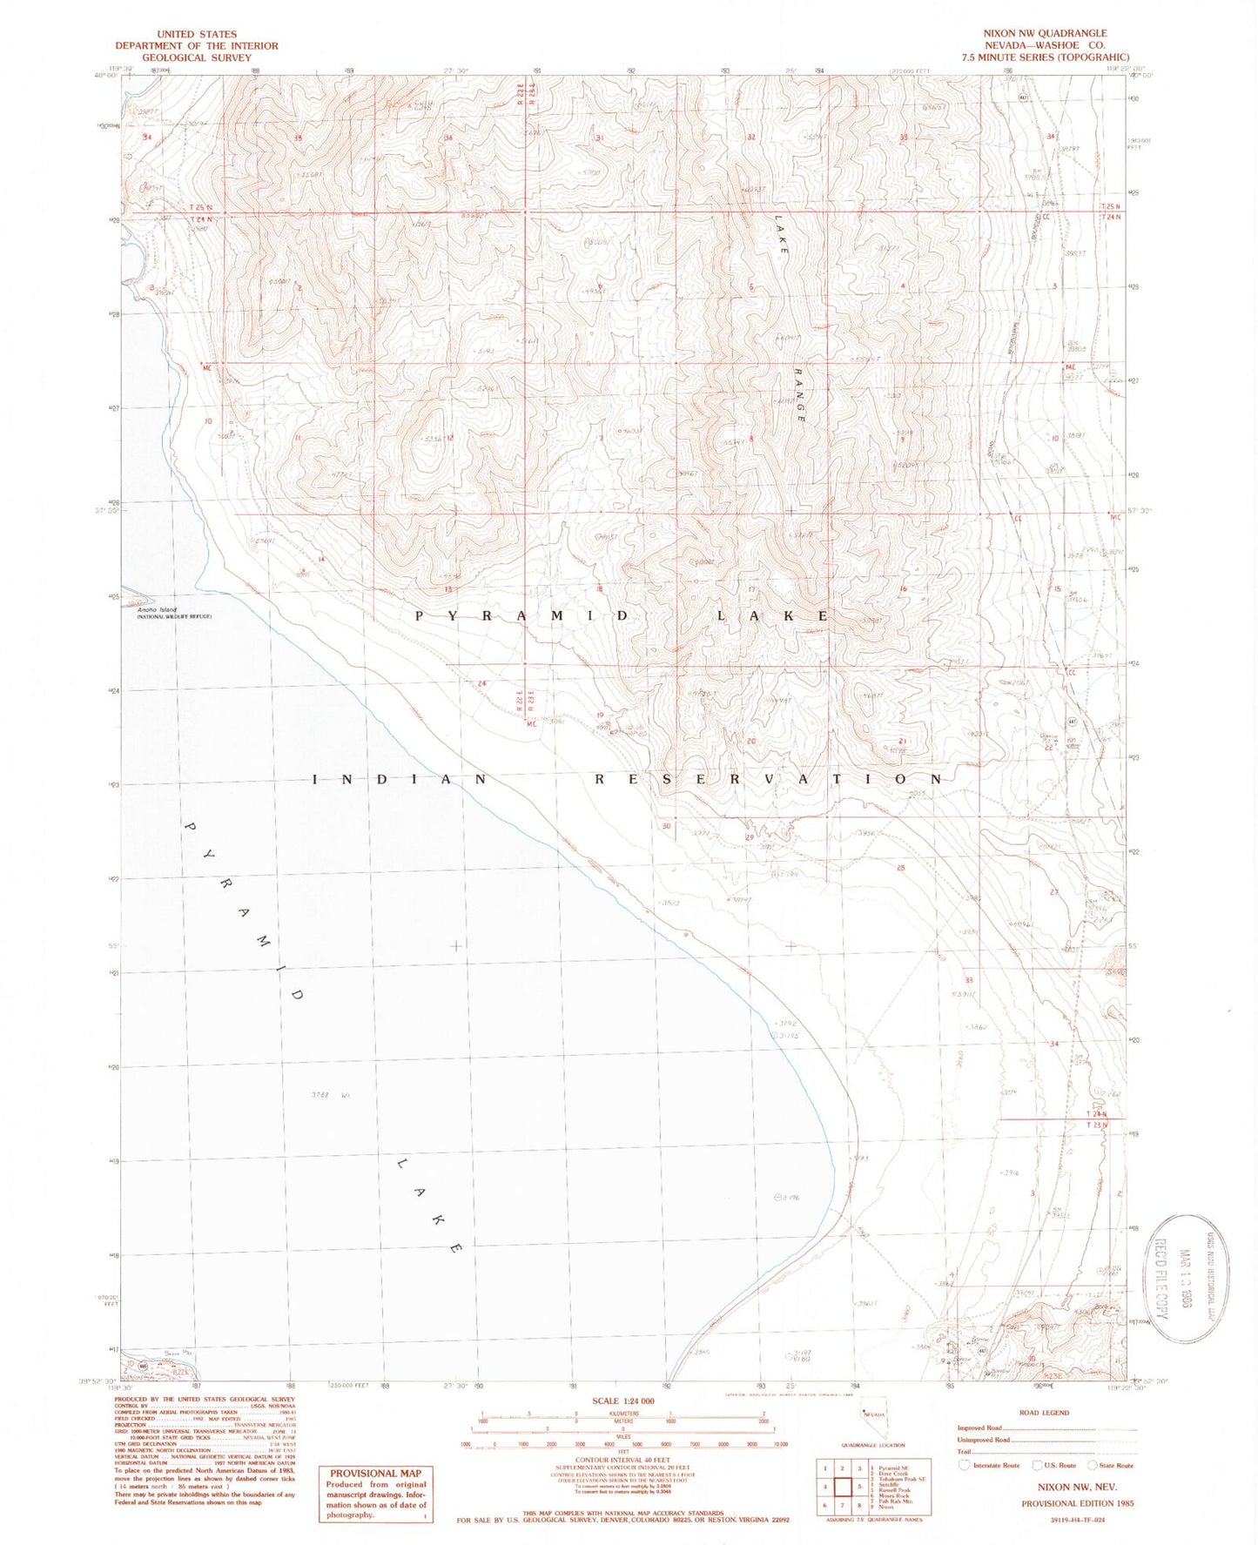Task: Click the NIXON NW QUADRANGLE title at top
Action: (1045, 33)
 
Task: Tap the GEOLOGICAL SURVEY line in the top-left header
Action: (196, 57)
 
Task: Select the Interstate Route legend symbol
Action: (965, 1465)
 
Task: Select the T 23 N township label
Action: (1097, 1125)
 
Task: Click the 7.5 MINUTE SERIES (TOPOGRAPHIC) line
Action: (1045, 57)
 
